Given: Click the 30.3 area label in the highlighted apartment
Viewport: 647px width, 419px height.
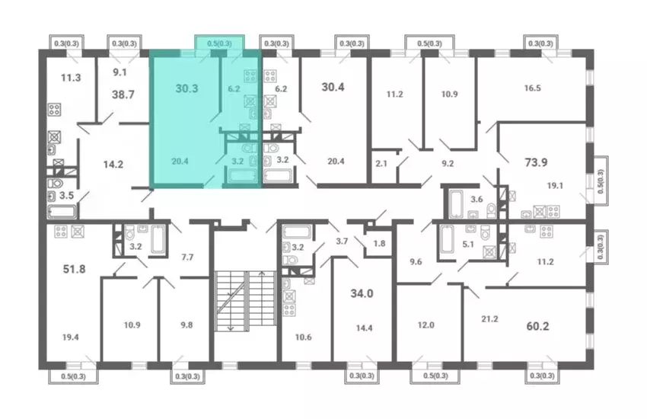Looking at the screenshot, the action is [x=187, y=88].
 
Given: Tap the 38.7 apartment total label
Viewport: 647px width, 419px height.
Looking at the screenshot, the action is [x=123, y=94].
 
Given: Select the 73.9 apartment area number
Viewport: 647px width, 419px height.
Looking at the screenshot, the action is [x=536, y=162].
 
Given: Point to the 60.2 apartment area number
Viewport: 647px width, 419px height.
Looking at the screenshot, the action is [x=537, y=327].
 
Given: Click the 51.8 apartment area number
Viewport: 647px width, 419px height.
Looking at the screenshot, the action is [x=75, y=269].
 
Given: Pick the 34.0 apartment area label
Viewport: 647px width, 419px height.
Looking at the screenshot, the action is [x=362, y=293].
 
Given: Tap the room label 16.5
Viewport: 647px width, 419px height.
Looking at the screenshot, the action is [x=532, y=88].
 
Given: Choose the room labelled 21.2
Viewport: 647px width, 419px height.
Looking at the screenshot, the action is [x=489, y=318].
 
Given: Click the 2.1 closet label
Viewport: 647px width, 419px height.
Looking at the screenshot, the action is [x=381, y=164].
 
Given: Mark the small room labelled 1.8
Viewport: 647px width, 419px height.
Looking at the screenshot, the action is [x=379, y=243].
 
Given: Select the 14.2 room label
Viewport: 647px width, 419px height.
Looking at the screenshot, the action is [x=113, y=165].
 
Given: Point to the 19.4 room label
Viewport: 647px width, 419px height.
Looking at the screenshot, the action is [x=71, y=337].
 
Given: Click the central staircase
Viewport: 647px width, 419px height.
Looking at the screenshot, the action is [x=246, y=300].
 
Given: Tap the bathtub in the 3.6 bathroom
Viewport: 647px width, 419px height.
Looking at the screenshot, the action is [x=456, y=203].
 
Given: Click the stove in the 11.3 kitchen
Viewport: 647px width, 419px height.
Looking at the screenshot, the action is [x=55, y=110].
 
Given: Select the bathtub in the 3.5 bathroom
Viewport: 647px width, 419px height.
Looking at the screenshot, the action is [x=62, y=211].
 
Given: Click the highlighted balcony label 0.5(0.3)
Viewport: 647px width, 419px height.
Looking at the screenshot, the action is [x=219, y=43].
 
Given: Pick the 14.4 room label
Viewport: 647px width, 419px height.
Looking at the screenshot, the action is [x=365, y=328].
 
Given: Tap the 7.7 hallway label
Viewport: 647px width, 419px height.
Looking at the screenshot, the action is [x=187, y=257].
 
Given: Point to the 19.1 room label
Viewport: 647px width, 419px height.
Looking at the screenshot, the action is [x=555, y=186].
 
